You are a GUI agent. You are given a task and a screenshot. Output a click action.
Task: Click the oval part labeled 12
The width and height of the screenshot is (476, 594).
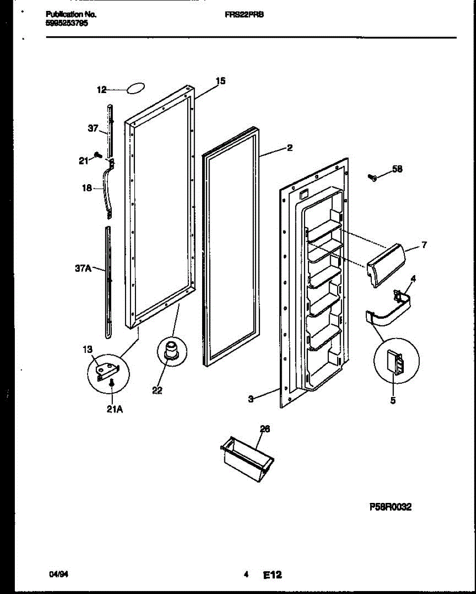[x=135, y=89]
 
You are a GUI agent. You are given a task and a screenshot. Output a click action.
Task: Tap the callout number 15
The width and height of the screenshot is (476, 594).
[x=220, y=81]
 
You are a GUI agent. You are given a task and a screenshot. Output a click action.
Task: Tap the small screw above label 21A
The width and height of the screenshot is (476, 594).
[x=113, y=383]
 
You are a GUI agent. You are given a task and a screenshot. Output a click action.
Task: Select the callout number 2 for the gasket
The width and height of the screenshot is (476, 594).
[x=290, y=147]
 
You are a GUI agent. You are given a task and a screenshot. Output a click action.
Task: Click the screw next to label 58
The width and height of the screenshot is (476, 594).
[x=373, y=177]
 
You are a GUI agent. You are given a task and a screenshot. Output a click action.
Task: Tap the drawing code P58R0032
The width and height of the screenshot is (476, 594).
[x=390, y=507]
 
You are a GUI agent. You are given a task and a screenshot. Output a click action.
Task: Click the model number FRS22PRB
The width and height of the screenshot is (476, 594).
[x=244, y=15]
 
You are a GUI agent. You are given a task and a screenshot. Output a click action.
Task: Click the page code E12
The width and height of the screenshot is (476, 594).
[x=272, y=575]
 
